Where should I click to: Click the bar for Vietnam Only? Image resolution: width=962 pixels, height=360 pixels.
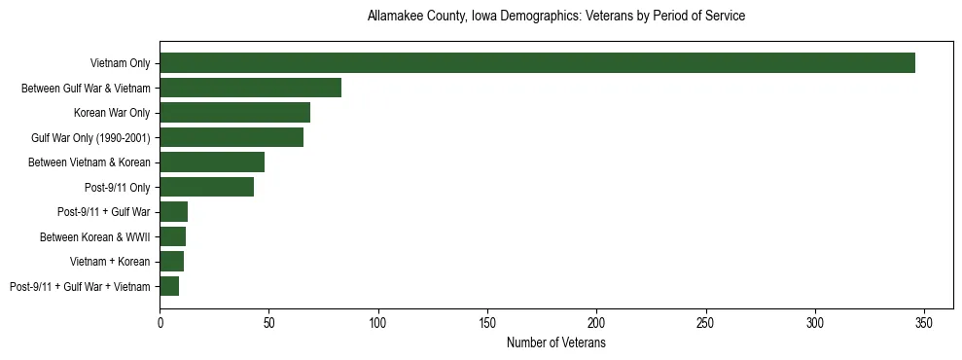click(537, 63)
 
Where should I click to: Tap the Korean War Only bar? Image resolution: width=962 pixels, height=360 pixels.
click(234, 113)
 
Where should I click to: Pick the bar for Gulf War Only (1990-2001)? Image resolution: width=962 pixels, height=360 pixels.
click(232, 137)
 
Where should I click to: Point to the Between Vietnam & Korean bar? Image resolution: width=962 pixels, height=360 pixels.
click(212, 162)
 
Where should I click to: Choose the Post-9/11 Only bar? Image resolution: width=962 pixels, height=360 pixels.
click(206, 187)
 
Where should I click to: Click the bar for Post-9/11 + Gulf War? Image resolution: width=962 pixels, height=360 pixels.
click(174, 212)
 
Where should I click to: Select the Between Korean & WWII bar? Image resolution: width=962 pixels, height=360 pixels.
click(173, 236)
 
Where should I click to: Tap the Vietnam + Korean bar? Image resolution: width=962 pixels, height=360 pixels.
click(172, 262)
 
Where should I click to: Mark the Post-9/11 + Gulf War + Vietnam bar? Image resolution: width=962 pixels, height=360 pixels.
click(169, 286)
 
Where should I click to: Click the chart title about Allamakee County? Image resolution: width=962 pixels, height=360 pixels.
click(556, 17)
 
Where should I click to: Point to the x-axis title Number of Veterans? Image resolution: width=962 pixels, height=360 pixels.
click(556, 342)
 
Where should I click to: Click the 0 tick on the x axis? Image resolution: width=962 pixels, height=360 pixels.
click(160, 322)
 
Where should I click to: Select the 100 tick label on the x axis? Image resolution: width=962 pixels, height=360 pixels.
click(378, 322)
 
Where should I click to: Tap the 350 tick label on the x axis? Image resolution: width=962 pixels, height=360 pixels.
click(924, 322)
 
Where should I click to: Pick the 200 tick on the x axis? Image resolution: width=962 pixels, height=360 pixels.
click(596, 322)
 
